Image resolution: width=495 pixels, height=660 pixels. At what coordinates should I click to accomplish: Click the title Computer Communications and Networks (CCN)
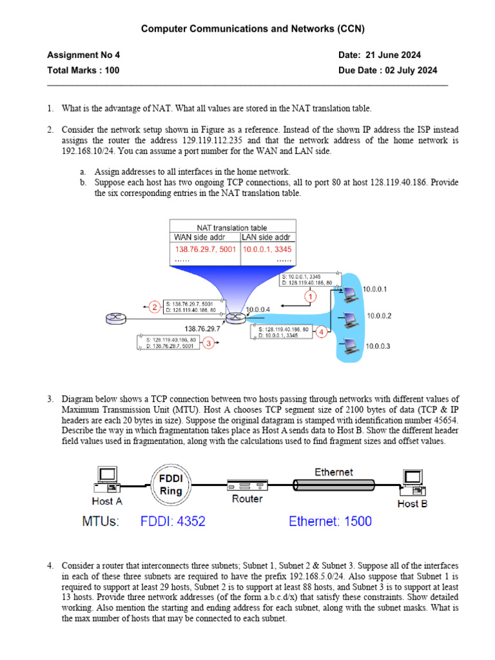247,28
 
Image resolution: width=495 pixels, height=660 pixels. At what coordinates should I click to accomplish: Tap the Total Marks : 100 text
83,70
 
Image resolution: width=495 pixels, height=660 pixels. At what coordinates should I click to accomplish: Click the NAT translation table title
232,228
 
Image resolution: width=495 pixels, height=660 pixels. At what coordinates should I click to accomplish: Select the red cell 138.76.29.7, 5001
205,249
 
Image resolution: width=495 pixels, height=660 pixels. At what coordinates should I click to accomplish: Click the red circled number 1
311,297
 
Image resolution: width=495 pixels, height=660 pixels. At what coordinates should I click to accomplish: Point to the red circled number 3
208,344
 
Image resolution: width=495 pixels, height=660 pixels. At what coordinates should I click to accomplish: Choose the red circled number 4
322,333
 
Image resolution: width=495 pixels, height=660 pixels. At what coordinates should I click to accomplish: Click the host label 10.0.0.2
380,316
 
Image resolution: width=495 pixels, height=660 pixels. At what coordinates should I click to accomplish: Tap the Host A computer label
107,501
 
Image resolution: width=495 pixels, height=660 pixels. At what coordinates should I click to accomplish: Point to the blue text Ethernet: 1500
330,521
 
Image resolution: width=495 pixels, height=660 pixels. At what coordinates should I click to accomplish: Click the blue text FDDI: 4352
173,521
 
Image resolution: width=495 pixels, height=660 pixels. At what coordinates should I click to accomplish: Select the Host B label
412,503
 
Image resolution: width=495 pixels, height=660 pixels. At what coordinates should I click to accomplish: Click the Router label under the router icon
247,498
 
